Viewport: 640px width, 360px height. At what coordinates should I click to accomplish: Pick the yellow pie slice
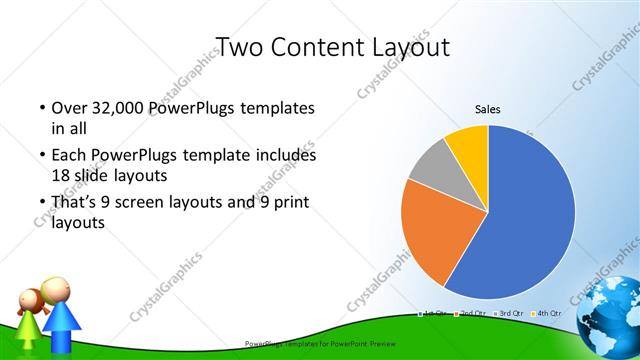468,143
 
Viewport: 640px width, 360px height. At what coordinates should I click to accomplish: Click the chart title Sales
487,109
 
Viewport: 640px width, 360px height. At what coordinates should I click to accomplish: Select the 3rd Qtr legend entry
510,314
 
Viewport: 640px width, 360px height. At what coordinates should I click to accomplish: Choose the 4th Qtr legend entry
547,314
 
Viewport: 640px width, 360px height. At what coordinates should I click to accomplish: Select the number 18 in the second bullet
61,175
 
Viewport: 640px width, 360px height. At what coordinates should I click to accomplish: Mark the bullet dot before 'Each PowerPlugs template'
41,156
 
